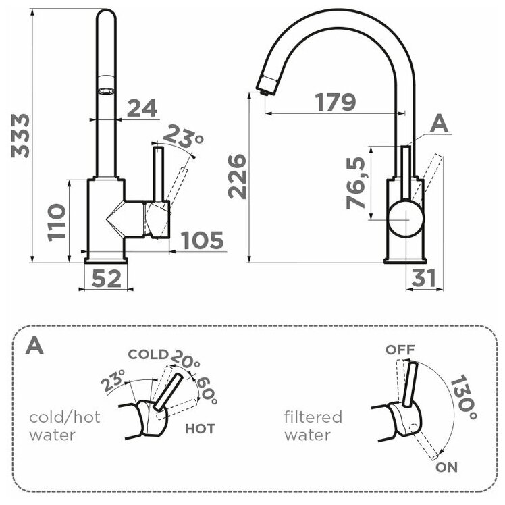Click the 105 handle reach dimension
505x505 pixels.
[x=203, y=240]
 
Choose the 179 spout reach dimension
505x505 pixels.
[x=335, y=103]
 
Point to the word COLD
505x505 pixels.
[x=148, y=354]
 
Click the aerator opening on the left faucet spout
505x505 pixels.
[x=106, y=89]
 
